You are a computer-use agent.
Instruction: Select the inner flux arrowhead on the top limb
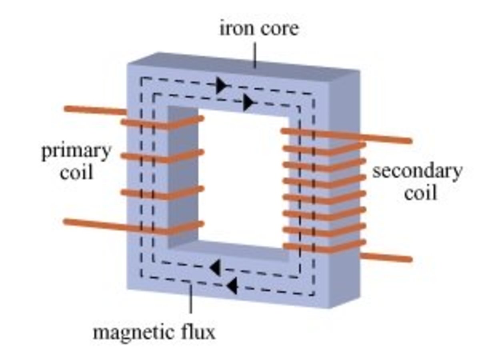pyautogui.click(x=249, y=103)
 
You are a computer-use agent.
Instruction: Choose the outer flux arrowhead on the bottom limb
pyautogui.click(x=232, y=286)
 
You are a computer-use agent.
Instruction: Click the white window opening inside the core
pyautogui.click(x=240, y=176)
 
